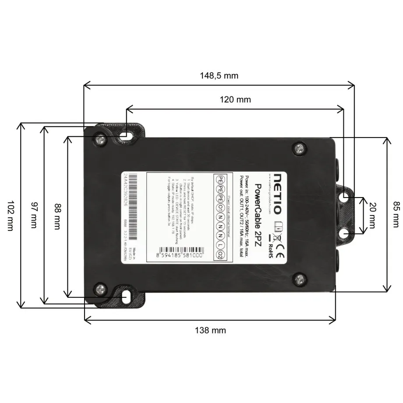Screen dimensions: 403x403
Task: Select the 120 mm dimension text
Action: [x=235, y=99]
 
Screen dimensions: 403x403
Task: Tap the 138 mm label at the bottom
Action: [x=210, y=330]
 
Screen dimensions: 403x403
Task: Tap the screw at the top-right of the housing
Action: [x=300, y=148]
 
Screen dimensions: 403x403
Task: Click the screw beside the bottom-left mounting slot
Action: [x=101, y=289]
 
